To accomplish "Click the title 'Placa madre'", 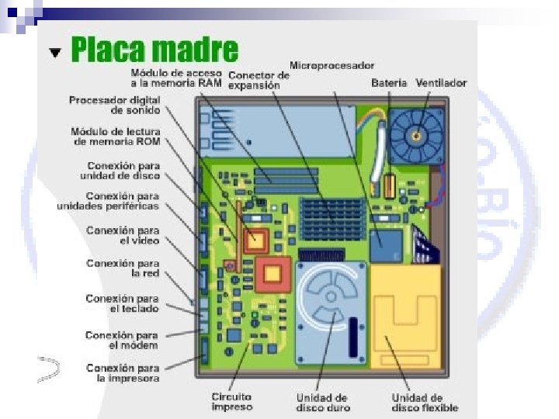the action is (x=154, y=50).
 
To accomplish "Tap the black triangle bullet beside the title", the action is (x=54, y=53).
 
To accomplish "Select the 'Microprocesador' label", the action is (x=332, y=65).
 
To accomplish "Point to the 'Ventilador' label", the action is (x=441, y=82).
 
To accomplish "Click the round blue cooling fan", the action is (x=416, y=136).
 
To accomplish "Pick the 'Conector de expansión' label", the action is (x=259, y=81).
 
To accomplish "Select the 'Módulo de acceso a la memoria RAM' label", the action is (x=175, y=78).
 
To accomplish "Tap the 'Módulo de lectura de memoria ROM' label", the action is (x=115, y=137).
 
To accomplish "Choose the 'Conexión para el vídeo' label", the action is (x=123, y=235).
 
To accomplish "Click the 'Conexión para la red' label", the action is (x=123, y=268).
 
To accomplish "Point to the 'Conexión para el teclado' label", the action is (x=123, y=303).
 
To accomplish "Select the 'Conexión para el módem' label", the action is (x=123, y=340).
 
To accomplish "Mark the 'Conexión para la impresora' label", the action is (x=123, y=373).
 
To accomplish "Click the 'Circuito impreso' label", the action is (x=232, y=401).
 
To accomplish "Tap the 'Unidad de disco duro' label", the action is (x=323, y=403).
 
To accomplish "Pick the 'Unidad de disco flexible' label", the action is (x=425, y=403).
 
